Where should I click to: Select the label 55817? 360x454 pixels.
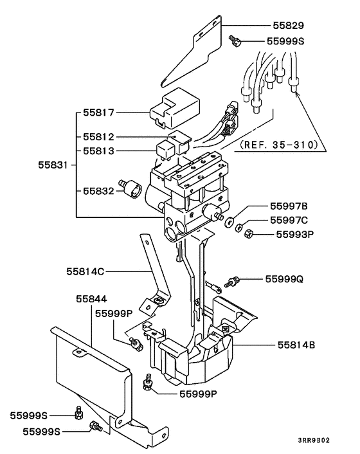point(98,113)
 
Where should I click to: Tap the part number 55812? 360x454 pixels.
point(98,137)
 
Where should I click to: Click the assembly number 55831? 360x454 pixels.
point(53,165)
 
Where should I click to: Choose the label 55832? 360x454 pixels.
point(98,191)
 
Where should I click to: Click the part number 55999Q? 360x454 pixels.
point(284,279)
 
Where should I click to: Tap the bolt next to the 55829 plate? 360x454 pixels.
point(235,41)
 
